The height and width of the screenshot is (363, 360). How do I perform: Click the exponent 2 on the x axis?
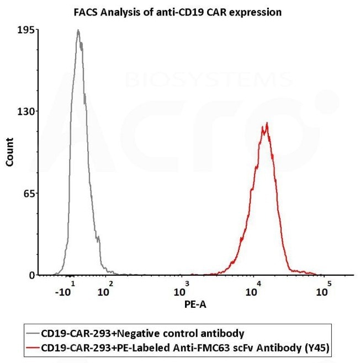111,283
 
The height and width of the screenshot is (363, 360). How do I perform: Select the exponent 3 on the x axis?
188,283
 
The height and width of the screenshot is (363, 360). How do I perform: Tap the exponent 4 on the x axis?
258,283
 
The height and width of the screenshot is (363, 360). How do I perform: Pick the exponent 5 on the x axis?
329,283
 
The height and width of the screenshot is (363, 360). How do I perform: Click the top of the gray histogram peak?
78,31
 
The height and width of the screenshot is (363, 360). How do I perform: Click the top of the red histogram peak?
267,124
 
